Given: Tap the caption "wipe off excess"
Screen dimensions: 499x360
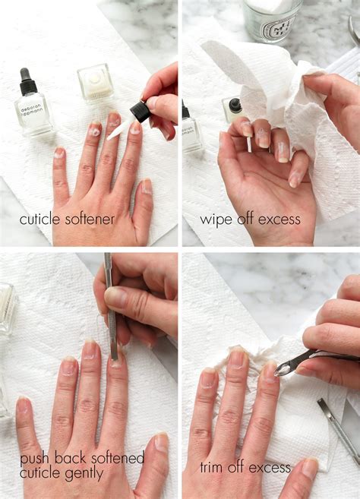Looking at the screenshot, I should pos(250,219).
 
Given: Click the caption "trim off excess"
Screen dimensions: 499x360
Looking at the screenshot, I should pos(245,467).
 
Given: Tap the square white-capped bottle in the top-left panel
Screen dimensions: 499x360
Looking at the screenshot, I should pos(95,83).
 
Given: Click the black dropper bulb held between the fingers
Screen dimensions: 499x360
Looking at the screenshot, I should pos(141,112).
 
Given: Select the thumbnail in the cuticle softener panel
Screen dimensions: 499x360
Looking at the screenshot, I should pos(147,187).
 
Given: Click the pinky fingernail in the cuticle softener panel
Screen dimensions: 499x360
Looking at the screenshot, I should pos(59,153).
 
